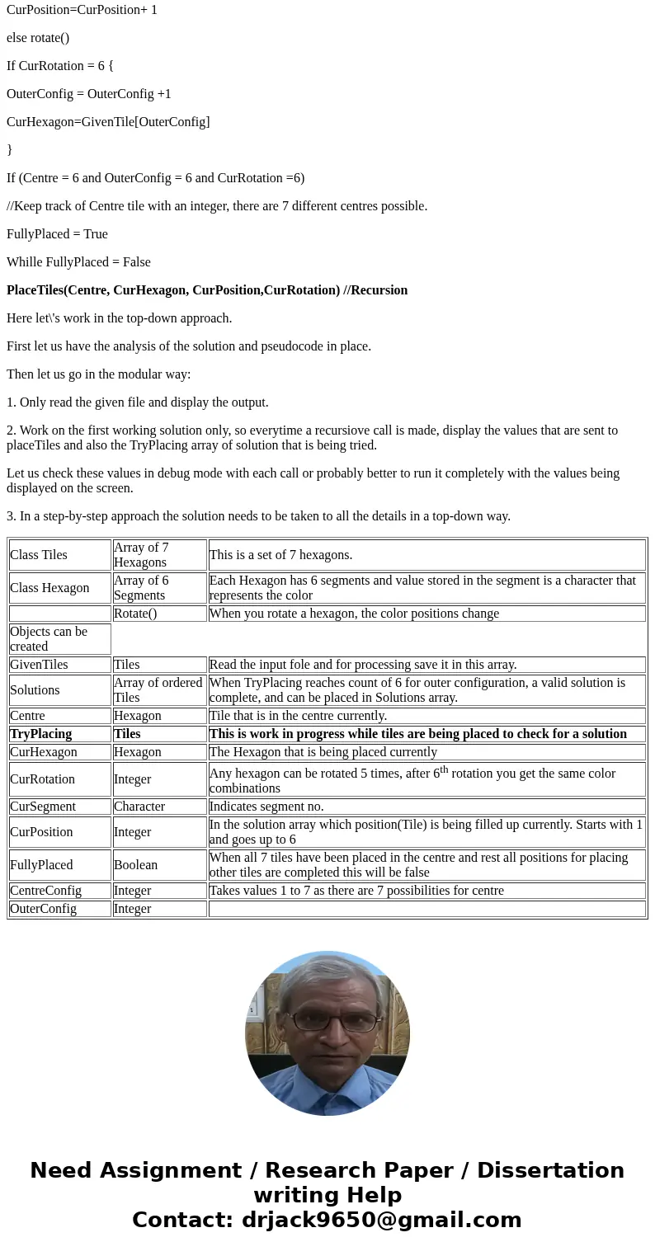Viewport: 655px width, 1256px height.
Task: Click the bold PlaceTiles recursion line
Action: click(207, 290)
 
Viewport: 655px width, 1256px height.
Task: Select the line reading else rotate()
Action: click(38, 38)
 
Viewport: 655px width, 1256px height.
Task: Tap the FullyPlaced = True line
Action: click(57, 234)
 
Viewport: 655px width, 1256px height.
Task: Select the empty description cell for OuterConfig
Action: click(426, 909)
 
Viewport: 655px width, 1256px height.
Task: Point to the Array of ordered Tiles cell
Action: click(159, 690)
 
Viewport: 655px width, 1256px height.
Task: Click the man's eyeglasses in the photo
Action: click(334, 1023)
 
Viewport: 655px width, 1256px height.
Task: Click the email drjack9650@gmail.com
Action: click(381, 1221)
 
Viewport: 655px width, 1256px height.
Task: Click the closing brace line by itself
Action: click(10, 150)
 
